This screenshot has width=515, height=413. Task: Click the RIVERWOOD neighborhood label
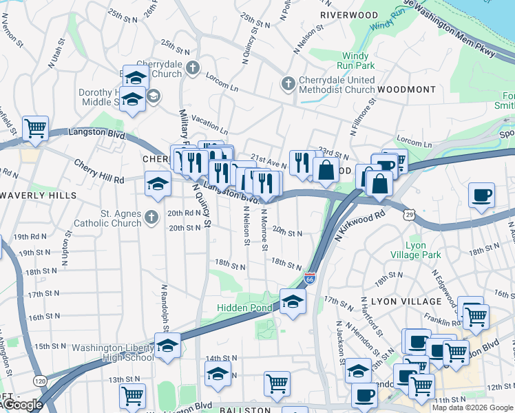pos(350,14)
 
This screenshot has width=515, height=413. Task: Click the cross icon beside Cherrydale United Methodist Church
pos(288,84)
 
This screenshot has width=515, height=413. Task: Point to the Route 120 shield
pos(41,381)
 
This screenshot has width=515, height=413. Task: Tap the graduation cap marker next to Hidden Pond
pos(293,301)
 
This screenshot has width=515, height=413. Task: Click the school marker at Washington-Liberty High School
pos(167,346)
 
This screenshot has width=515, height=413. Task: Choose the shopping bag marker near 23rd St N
pos(326,170)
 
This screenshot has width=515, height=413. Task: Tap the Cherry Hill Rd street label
pos(97,168)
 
